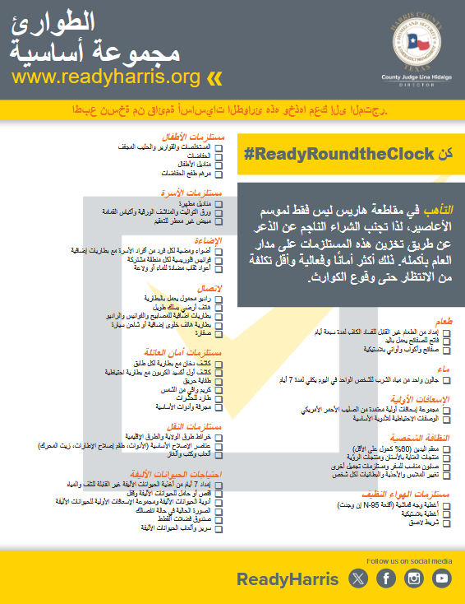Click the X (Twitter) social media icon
tap(359, 578)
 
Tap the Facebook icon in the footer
tap(386, 578)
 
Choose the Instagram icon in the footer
tap(414, 578)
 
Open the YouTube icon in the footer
tap(442, 578)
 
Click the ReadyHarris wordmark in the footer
tap(288, 579)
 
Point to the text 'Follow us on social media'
tap(408, 560)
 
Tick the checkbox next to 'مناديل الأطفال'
tap(218, 163)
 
